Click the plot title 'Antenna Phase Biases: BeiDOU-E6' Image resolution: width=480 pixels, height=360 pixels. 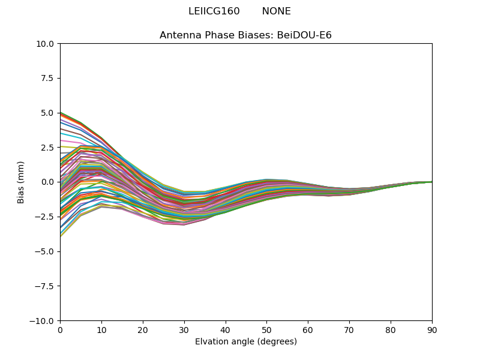point(245,35)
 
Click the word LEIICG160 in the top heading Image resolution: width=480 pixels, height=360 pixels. point(214,11)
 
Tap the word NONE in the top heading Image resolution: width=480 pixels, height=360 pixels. point(276,11)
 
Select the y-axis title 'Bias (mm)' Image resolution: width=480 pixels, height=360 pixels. point(21,182)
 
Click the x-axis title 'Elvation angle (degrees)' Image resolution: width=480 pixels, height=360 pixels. point(245,342)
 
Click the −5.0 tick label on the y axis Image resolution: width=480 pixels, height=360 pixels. point(45,251)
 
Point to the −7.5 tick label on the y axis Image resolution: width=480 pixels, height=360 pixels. point(45,286)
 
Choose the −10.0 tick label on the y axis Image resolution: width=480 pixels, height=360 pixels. point(43,321)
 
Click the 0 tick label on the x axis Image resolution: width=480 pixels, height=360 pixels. point(60,330)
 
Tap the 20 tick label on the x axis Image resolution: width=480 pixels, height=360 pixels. point(143,330)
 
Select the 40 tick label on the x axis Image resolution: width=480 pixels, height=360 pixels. point(226,330)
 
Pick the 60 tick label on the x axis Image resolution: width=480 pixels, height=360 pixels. point(308,330)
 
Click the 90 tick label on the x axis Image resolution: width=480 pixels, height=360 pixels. point(432,330)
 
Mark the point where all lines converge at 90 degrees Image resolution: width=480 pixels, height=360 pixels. point(431,182)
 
